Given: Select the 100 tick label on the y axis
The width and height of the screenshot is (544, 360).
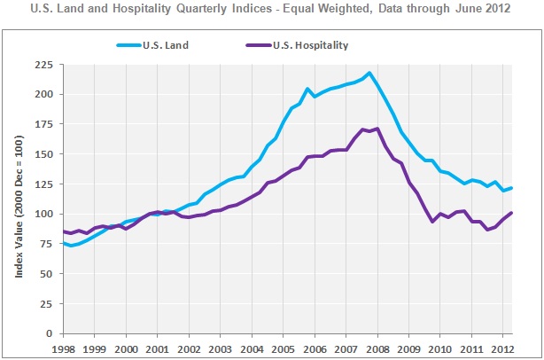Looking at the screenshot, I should click(x=42, y=214).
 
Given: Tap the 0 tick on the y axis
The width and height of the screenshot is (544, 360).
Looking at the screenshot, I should click(x=47, y=333).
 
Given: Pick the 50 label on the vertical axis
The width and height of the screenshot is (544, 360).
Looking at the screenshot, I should click(x=44, y=274).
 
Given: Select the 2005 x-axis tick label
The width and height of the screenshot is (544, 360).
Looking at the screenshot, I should click(x=283, y=349).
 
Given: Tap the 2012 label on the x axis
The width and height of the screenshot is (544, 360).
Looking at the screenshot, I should click(x=501, y=349).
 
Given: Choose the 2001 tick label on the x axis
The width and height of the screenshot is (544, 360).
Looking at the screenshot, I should click(x=158, y=349).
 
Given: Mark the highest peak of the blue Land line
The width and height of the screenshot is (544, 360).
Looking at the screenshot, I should click(x=369, y=73).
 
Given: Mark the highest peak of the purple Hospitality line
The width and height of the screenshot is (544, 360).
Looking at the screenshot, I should click(x=378, y=129).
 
